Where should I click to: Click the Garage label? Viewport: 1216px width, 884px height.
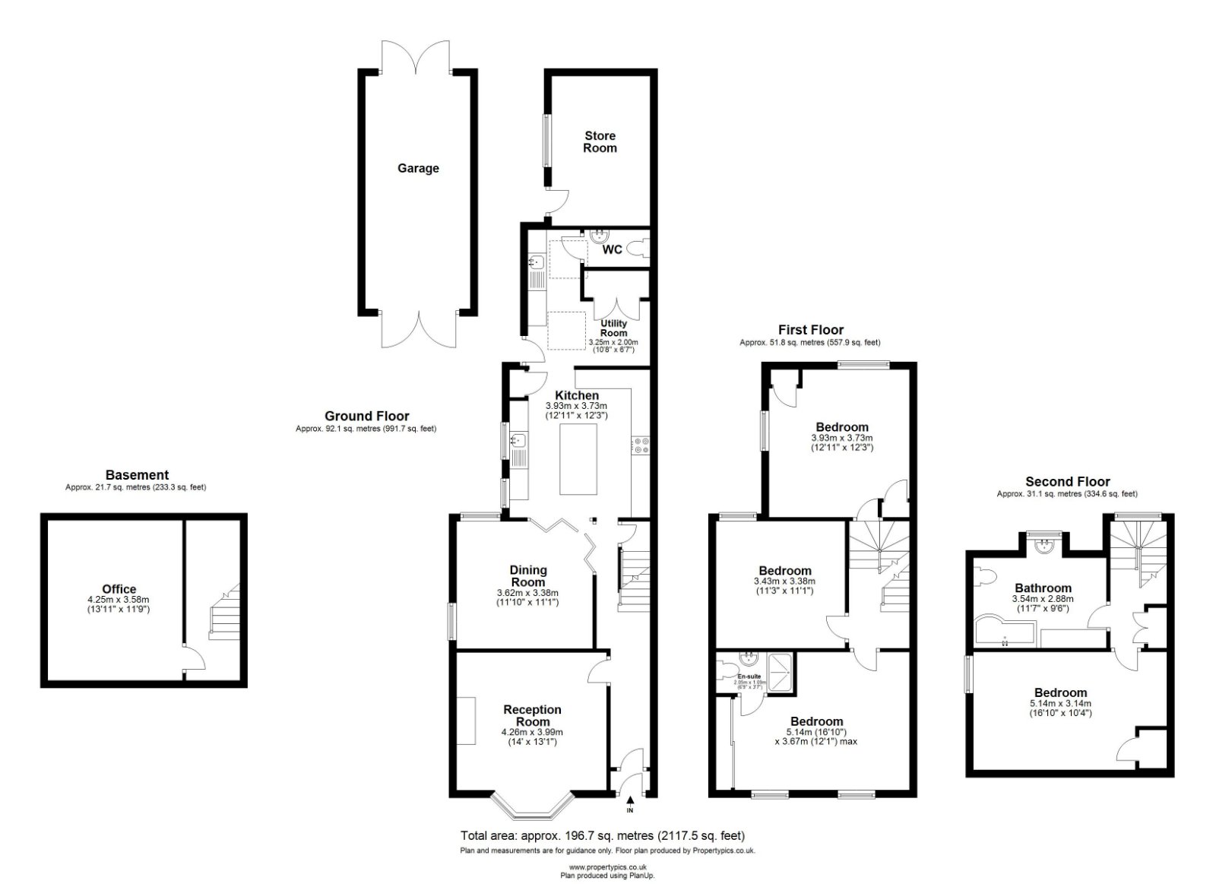[x=418, y=168]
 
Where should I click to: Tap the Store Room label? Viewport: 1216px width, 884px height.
[x=600, y=142]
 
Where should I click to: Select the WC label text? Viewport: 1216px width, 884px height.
[x=612, y=249]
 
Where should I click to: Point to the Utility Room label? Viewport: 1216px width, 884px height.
[x=613, y=328]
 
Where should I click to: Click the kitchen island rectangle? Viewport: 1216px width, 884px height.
[x=578, y=460]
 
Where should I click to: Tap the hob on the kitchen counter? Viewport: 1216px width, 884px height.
[x=639, y=445]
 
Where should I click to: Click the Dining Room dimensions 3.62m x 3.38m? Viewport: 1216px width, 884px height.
[x=527, y=593]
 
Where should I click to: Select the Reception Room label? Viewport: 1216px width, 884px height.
[x=532, y=715]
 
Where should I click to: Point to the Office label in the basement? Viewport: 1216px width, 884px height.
[x=119, y=588]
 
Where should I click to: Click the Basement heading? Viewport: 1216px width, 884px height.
[x=137, y=475]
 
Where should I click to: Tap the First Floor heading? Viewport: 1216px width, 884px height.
[x=810, y=330]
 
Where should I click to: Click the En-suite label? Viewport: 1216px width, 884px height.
[x=749, y=676]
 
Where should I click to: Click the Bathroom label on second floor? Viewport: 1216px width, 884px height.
[x=1043, y=588]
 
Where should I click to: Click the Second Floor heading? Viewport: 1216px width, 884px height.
[x=1067, y=481]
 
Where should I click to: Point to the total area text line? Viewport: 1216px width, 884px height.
[x=602, y=835]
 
